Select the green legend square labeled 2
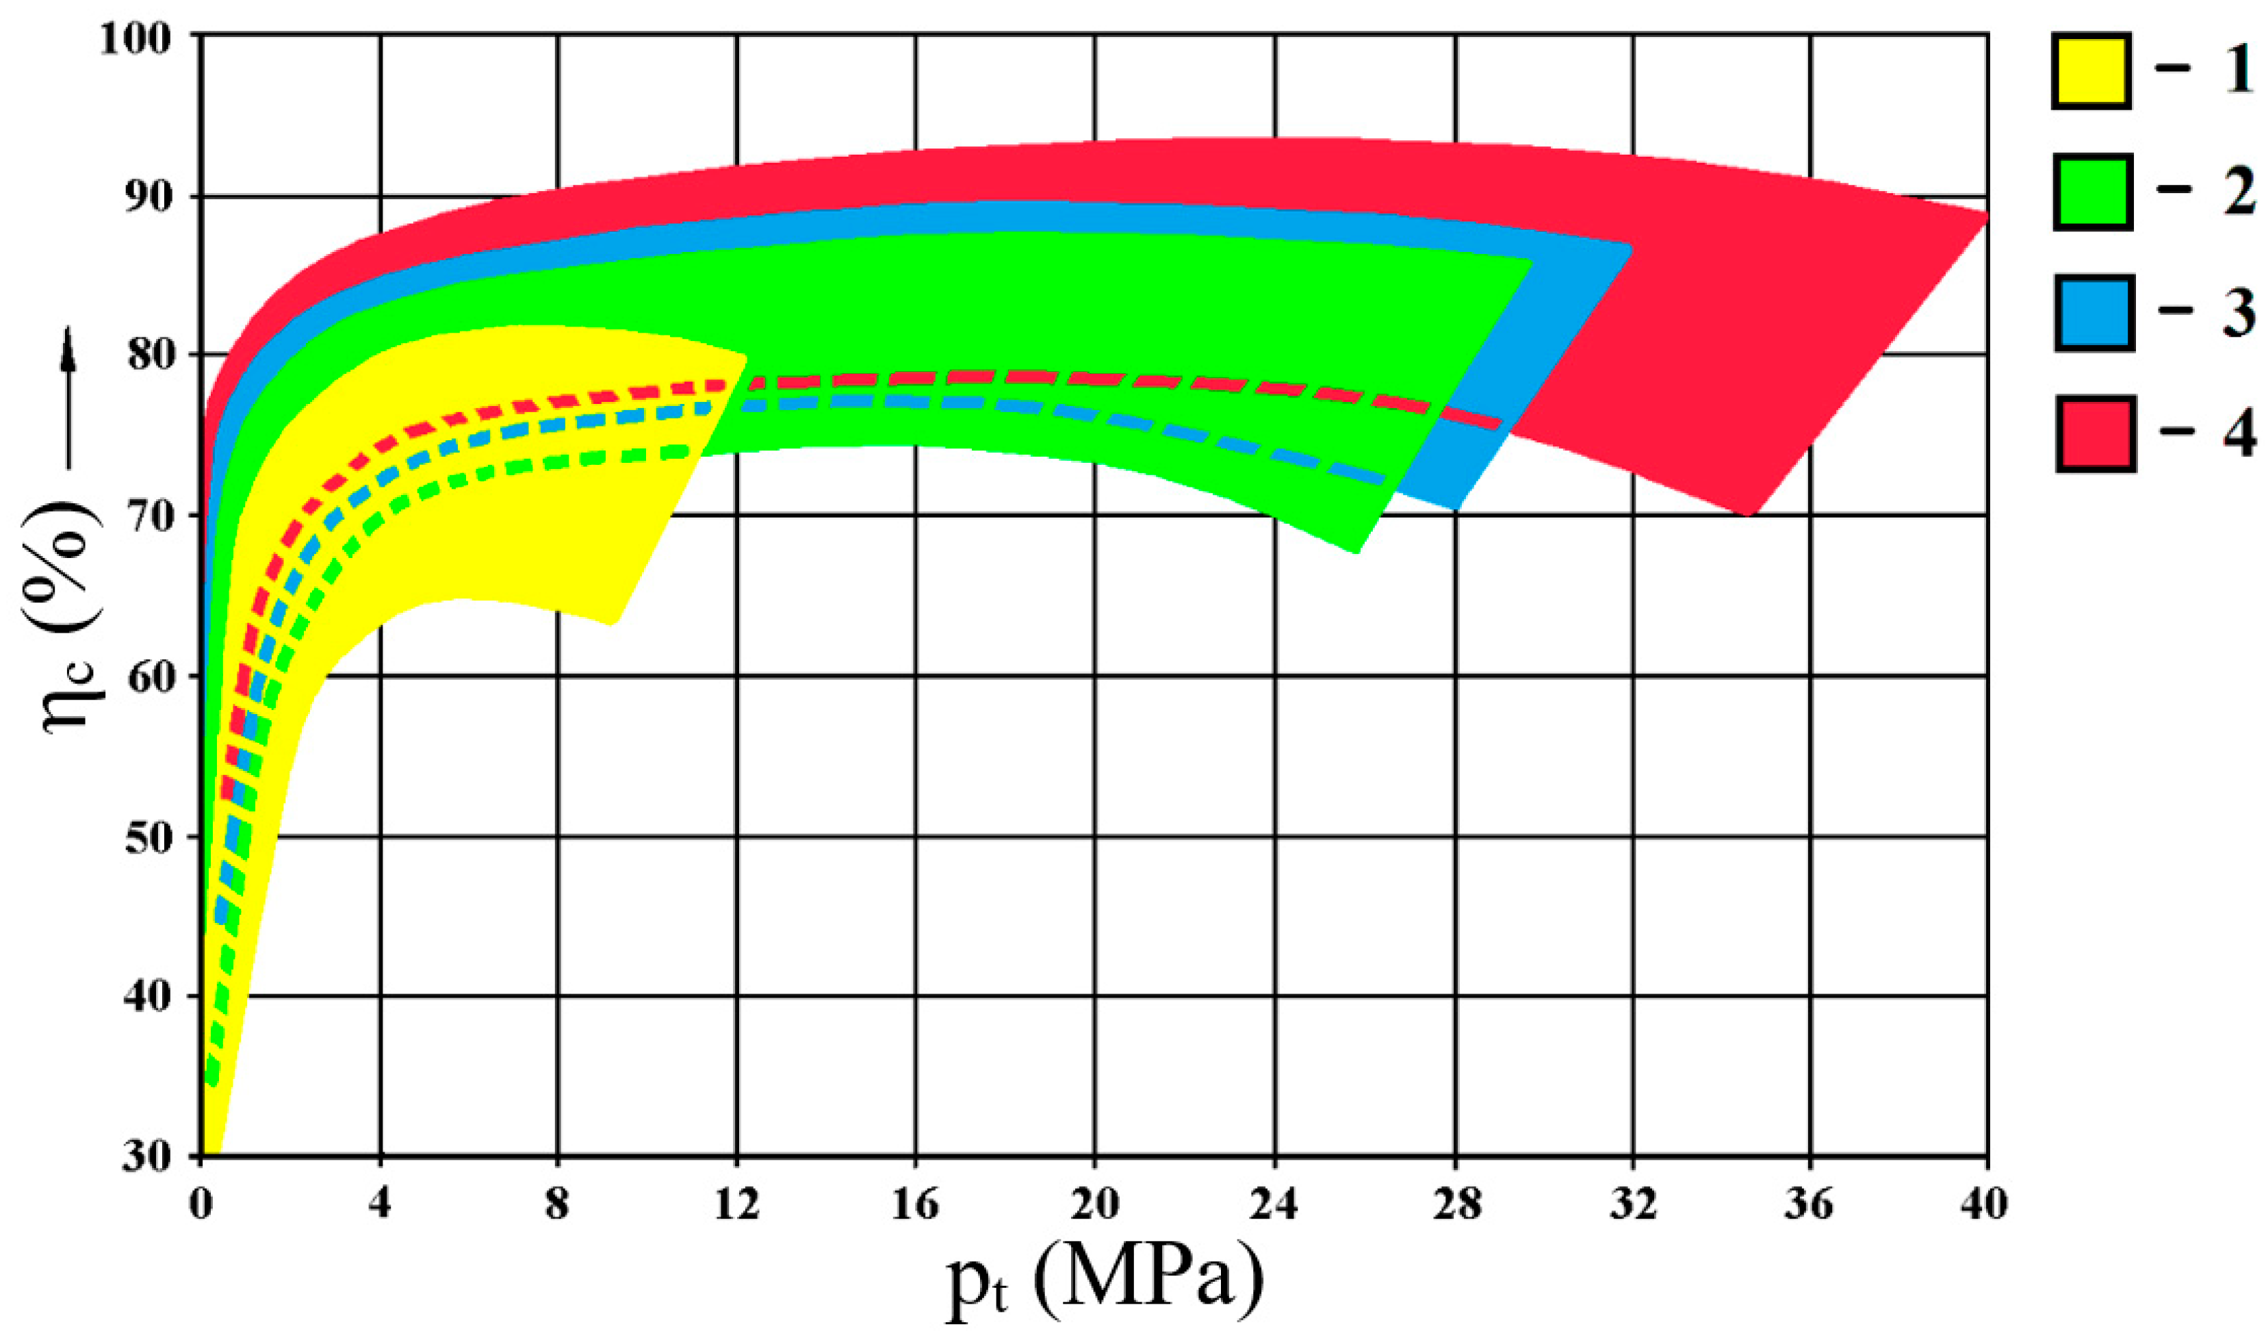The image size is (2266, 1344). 2092,190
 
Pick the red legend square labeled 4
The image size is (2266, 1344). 2095,433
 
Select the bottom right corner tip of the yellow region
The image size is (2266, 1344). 614,624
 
